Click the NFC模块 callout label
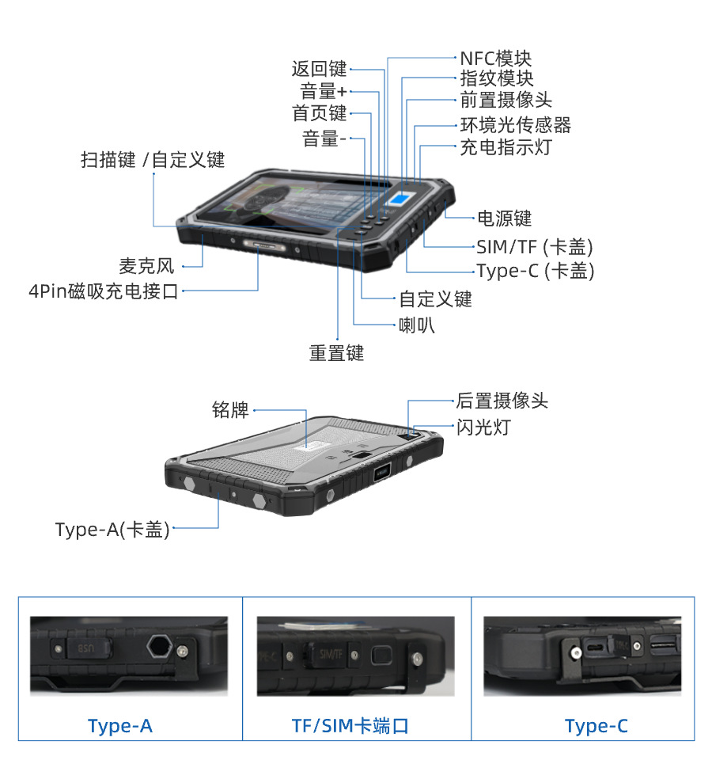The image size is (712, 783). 496,59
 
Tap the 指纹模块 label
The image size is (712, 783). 497,78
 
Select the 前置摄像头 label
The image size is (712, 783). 506,100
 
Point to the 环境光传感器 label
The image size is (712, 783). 516,125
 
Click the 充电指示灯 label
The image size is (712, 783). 506,147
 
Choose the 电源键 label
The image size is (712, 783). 504,218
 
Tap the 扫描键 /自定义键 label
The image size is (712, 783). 153,160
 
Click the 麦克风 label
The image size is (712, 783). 146,266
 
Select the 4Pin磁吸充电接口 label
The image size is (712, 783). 104,291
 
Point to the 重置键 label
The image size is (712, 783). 336,353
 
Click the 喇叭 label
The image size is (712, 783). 417,325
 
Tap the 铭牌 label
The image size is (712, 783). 231,409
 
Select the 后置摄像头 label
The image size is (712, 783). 502,401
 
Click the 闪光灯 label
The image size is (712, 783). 483,428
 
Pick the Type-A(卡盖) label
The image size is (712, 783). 112,529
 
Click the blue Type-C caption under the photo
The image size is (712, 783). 596,726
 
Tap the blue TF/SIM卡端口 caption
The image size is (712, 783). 350,726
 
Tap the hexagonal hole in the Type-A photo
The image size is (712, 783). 157,645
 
